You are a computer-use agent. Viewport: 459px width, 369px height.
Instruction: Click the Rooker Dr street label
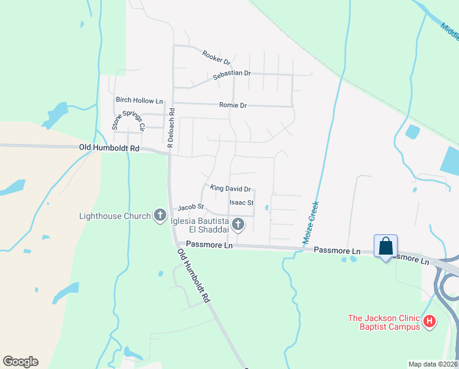tap(216, 58)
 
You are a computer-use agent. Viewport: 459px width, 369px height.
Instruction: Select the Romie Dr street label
tap(233, 106)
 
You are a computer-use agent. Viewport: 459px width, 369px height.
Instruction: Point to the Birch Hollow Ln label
tap(140, 100)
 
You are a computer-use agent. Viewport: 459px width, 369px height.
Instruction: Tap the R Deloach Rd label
tap(172, 129)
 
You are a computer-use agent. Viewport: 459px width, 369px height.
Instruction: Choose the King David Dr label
tap(231, 189)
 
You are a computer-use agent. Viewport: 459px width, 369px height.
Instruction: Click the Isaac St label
tap(241, 202)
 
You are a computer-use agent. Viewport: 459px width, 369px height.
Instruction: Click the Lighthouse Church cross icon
tap(160, 215)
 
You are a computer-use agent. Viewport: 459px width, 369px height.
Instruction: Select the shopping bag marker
tap(385, 247)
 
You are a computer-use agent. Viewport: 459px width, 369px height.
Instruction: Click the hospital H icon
tap(430, 321)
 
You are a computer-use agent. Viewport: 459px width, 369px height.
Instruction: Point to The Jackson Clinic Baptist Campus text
tap(384, 322)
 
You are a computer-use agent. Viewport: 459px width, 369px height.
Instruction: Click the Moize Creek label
tap(310, 223)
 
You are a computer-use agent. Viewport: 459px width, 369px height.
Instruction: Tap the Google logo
tap(20, 362)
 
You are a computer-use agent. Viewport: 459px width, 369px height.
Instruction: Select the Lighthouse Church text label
tap(115, 216)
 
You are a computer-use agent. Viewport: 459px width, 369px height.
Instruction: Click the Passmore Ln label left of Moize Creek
tap(209, 245)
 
